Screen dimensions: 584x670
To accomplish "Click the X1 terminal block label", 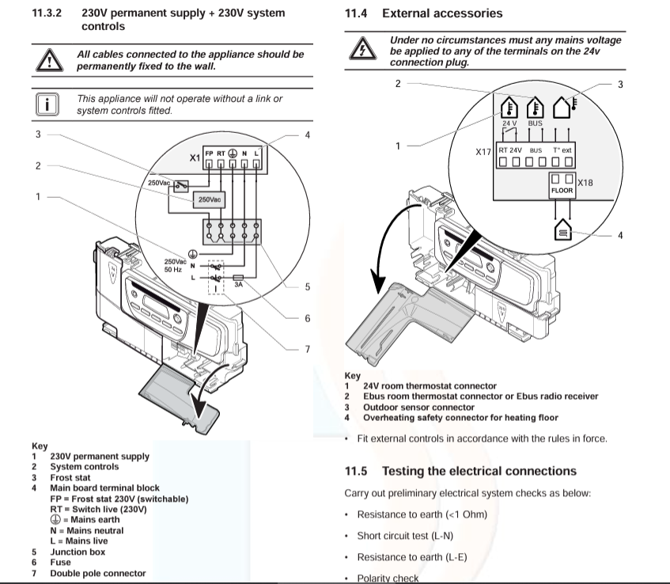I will point(194,157).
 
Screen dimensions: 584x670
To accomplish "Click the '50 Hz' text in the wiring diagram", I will point(172,270).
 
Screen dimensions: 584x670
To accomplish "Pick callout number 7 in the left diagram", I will point(307,349).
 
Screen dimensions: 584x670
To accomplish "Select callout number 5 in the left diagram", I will point(307,286).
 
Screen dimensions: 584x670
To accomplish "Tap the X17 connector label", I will point(483,150).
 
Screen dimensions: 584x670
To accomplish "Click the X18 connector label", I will point(585,183).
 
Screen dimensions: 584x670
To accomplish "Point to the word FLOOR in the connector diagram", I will point(562,191).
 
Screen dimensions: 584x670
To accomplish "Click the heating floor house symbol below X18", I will point(562,232).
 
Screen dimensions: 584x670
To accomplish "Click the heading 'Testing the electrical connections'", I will point(479,471).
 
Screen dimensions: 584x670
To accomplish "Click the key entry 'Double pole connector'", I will point(98,573).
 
